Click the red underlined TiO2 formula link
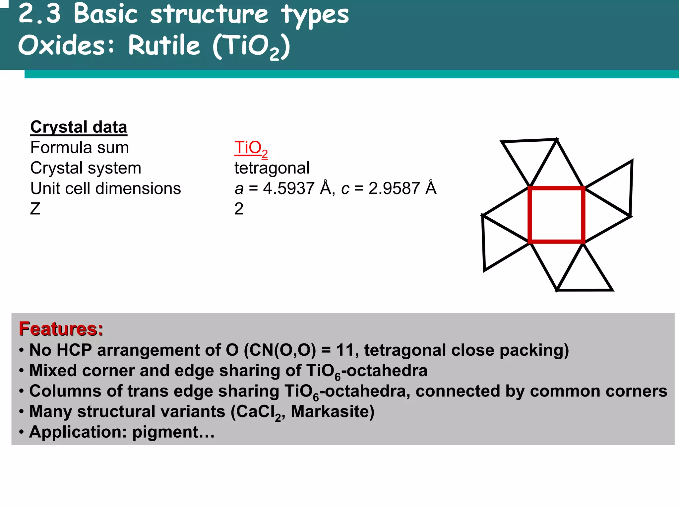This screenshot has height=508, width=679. (250, 148)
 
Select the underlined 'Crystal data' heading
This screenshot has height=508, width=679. (79, 127)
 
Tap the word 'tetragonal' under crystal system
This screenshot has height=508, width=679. (272, 168)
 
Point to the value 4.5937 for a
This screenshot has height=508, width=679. (288, 188)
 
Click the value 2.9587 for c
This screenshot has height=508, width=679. (394, 188)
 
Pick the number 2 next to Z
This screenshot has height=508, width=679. (239, 209)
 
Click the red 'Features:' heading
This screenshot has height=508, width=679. (61, 329)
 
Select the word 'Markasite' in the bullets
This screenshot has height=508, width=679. (332, 411)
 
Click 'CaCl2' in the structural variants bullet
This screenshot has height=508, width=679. (257, 412)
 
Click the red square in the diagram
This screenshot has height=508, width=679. (556, 215)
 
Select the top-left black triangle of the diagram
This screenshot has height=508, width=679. (529, 156)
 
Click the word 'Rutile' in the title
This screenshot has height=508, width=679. (164, 45)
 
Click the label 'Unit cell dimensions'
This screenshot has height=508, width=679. (105, 188)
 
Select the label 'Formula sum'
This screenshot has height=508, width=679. (80, 148)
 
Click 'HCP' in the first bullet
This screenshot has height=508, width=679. (74, 350)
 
